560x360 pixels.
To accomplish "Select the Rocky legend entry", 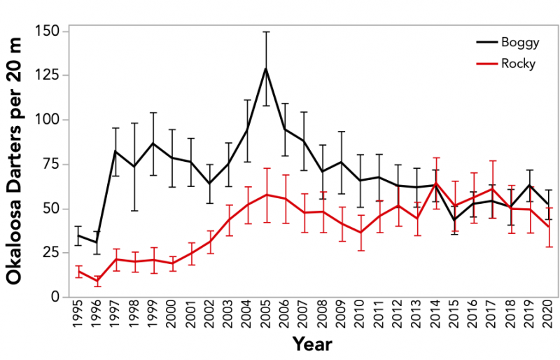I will [519, 63].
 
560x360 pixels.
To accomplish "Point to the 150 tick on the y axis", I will [48, 32].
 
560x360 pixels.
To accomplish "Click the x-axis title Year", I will [312, 345].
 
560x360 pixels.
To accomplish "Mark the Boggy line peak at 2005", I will [265, 68].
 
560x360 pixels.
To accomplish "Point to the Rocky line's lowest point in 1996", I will [97, 281].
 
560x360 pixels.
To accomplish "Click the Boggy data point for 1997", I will [115, 151].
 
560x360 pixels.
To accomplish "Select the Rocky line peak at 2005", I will [265, 195].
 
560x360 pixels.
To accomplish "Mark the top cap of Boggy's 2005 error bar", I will [265, 32].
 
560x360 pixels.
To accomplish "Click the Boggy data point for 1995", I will [78, 235].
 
